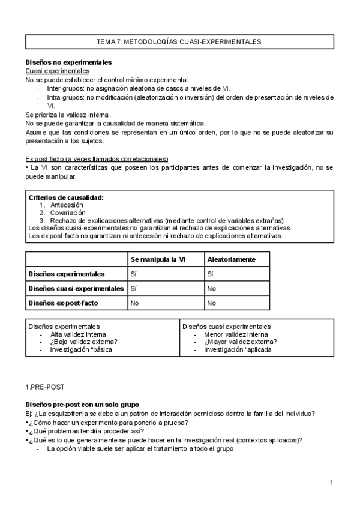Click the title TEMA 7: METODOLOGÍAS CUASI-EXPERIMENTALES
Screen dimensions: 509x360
[x=179, y=42]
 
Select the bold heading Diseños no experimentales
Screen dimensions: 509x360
[x=68, y=62]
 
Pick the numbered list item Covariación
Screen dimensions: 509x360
[x=68, y=213]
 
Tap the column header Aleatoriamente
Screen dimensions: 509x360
[x=231, y=259]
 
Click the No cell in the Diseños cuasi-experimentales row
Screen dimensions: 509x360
[x=211, y=289]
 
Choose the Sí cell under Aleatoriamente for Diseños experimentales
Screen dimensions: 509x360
[x=210, y=274]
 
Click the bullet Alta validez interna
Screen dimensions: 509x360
[x=78, y=334]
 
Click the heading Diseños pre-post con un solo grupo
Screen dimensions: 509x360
[x=82, y=405]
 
